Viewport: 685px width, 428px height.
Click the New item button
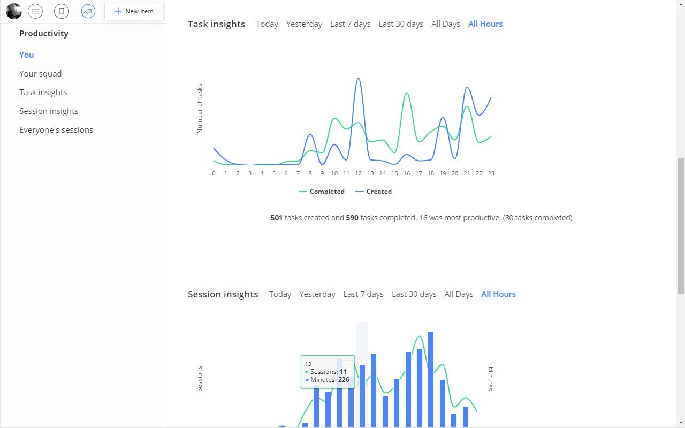[134, 11]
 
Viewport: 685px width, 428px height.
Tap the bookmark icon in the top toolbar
[62, 11]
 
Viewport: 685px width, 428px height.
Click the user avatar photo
[14, 11]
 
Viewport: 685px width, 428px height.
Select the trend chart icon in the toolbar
[88, 11]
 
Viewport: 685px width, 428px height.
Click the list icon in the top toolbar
[35, 11]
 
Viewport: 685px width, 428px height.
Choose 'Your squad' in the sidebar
[40, 74]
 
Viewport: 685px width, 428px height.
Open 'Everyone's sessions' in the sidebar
[56, 129]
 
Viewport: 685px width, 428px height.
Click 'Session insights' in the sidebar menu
[49, 111]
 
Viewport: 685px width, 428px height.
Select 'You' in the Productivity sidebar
[26, 55]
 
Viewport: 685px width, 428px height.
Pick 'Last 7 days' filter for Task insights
[350, 24]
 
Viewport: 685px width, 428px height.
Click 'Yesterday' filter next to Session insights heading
[317, 294]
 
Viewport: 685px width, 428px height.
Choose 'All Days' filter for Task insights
[446, 24]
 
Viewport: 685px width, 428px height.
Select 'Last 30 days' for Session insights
[414, 294]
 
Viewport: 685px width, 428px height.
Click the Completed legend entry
[322, 192]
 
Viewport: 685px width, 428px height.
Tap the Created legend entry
[374, 192]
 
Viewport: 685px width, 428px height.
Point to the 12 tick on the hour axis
[359, 173]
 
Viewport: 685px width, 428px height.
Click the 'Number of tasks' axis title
[200, 109]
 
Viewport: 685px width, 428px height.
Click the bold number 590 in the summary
[352, 218]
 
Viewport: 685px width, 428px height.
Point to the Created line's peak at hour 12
[359, 78]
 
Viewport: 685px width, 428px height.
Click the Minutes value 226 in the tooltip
[344, 380]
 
